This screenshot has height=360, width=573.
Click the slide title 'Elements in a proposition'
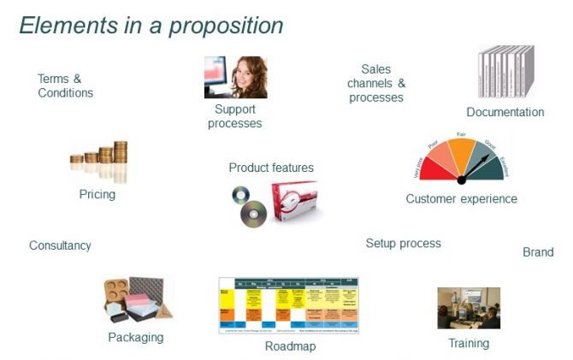click(151, 26)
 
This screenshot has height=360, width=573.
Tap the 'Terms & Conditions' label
click(65, 86)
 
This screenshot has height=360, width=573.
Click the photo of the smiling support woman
click(235, 78)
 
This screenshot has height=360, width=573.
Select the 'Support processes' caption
click(234, 116)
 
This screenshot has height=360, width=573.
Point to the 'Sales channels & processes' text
click(376, 84)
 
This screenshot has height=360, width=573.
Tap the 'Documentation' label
click(505, 112)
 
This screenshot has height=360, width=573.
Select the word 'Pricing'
click(97, 194)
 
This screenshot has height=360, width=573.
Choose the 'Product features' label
click(271, 168)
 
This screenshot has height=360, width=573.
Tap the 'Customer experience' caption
click(461, 199)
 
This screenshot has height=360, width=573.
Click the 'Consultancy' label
click(60, 245)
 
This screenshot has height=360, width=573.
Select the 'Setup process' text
click(403, 243)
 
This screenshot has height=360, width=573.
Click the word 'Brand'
click(538, 252)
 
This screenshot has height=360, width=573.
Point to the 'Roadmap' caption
click(290, 346)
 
